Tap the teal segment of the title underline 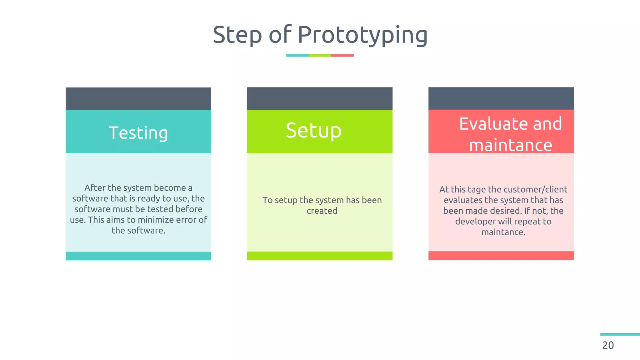pos(297,55)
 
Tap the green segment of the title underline pos(320,55)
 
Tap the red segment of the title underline pos(342,55)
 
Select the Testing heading pos(138,132)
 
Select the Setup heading pos(313,130)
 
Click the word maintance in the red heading pos(511,145)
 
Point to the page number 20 pos(608,345)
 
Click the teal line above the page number pos(620,334)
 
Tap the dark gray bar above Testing pos(138,98)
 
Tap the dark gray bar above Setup pos(320,98)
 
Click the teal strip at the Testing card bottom pos(138,256)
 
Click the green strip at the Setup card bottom pos(320,256)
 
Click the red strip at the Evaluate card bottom pos(501,256)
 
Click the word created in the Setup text pos(322,211)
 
